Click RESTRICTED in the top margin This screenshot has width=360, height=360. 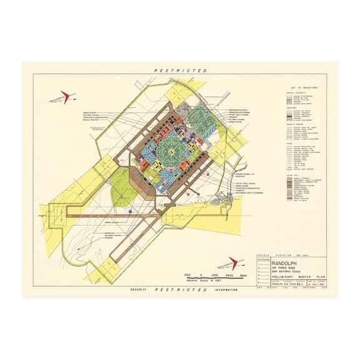[180, 71]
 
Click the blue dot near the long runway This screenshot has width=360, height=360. [131, 212]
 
